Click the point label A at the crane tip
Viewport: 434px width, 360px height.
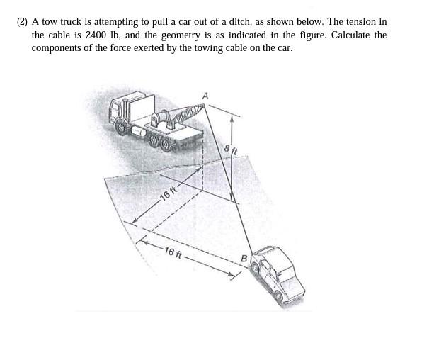tap(205, 96)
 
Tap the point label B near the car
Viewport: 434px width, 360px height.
tap(244, 259)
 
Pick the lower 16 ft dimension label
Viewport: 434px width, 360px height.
tap(173, 253)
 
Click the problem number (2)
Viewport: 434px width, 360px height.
tap(23, 22)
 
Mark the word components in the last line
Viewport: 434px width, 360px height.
tap(57, 47)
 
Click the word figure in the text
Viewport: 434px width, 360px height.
tap(302, 35)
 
